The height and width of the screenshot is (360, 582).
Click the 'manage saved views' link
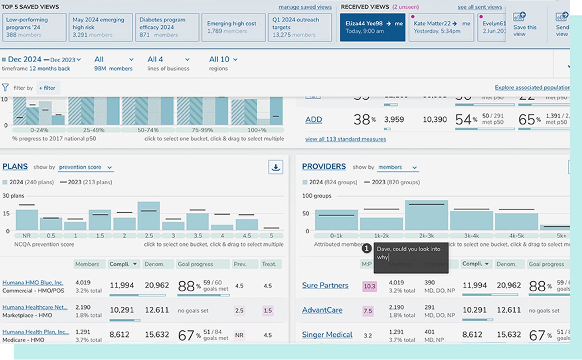305,7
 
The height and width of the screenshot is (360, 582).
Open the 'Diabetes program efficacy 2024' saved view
167,27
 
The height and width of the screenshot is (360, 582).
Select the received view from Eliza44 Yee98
372,27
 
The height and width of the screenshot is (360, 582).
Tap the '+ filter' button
47,88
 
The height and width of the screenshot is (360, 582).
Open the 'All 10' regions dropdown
223,59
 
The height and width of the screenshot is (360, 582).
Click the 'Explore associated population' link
532,88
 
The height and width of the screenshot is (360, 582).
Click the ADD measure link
313,120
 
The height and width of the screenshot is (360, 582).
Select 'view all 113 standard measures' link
346,139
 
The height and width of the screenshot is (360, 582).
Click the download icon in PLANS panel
276,167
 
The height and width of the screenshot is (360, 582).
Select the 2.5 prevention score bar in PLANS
149,216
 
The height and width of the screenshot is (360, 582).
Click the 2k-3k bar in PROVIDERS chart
426,215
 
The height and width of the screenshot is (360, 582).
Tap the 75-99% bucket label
202,130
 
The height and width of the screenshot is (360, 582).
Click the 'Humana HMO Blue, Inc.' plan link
33,282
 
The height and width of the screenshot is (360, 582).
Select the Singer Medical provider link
327,335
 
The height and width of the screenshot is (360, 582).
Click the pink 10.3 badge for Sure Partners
369,286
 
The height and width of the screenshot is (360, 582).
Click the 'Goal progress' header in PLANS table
202,264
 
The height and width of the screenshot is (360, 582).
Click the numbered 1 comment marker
366,248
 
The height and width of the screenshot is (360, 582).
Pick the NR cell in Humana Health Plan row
239,335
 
